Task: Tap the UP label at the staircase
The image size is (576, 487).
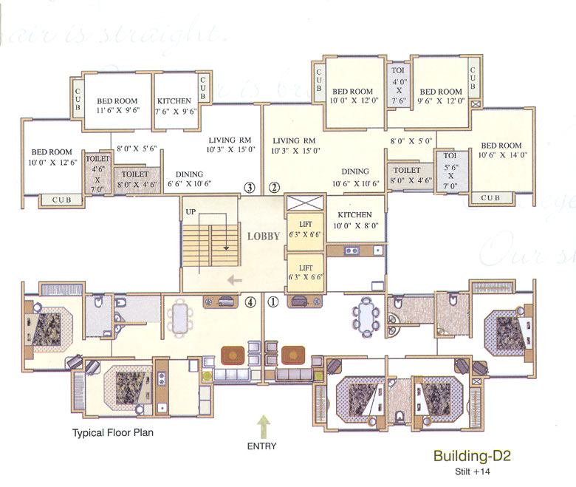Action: [191, 212]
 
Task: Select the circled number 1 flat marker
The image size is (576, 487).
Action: [272, 301]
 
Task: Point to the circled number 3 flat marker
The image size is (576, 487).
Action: [250, 188]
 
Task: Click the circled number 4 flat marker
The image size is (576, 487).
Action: [250, 301]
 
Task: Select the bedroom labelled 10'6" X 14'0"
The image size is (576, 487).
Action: [501, 150]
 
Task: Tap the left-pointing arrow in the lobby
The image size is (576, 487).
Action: [234, 280]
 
